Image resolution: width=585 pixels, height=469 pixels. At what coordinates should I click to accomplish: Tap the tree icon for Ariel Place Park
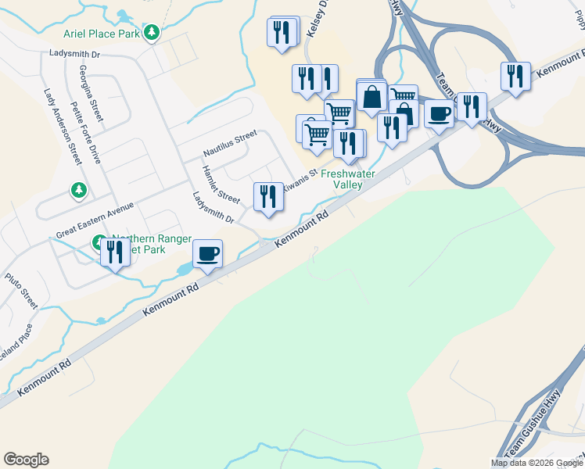(x=153, y=33)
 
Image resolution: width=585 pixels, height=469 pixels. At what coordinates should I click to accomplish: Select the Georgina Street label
(x=91, y=93)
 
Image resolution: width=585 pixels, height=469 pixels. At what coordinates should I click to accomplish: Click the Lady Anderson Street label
(x=63, y=126)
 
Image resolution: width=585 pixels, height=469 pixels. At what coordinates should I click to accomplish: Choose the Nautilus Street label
(x=230, y=143)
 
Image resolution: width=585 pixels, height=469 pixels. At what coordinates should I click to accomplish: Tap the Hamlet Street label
(x=221, y=184)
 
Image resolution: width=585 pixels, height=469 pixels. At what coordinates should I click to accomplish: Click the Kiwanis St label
(x=301, y=180)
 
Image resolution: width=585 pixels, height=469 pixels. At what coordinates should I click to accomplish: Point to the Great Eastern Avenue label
(x=95, y=222)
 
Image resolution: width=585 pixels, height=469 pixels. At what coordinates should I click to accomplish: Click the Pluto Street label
(x=21, y=288)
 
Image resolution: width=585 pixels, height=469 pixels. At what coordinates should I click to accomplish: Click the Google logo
(x=26, y=460)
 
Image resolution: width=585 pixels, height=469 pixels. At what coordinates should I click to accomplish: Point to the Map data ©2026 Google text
(x=537, y=463)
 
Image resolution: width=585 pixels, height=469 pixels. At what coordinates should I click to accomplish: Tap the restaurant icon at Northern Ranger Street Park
(x=116, y=251)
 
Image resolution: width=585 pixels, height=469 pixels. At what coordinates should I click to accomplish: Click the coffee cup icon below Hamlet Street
(x=207, y=253)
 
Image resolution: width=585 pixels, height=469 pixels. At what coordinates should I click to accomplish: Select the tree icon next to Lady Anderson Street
(x=78, y=190)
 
